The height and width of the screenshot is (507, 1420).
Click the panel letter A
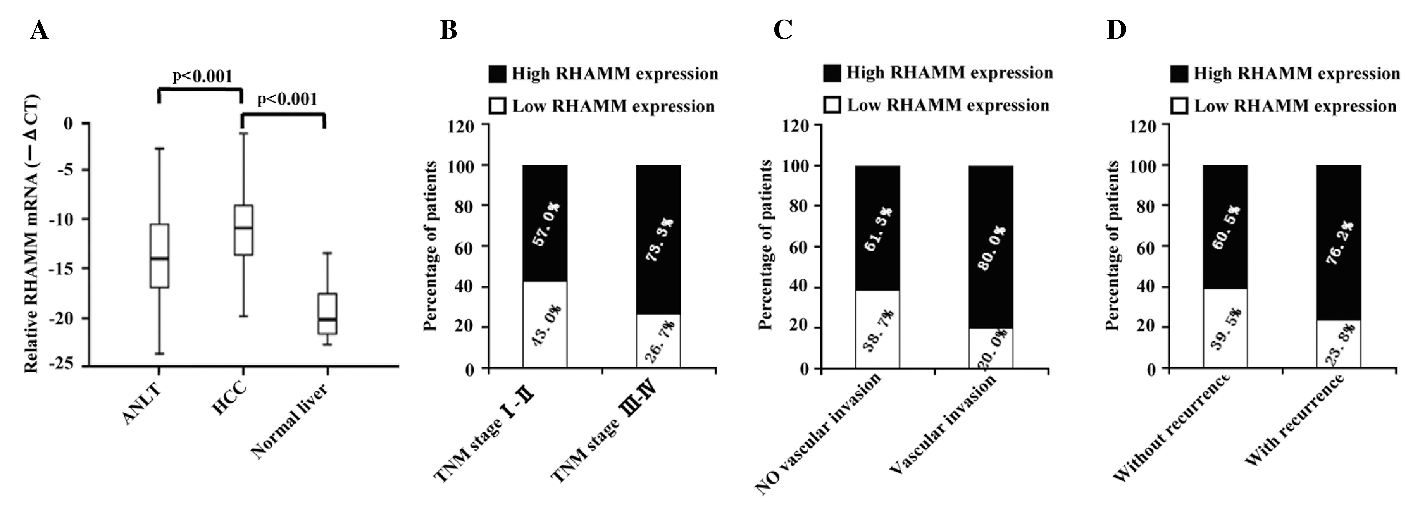pos(39,30)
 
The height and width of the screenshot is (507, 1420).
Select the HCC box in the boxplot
pos(243,230)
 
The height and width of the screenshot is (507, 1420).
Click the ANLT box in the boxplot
pos(159,256)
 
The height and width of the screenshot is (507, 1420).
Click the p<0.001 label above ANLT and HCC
pos(202,76)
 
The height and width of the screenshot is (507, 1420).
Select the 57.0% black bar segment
pos(545,223)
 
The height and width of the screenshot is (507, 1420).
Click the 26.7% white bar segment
pos(658,341)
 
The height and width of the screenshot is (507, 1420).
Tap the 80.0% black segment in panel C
pos(991,247)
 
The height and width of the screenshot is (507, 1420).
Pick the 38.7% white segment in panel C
pos(877,329)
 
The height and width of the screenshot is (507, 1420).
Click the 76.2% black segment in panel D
pos(1338,242)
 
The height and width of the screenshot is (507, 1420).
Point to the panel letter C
pos(783,30)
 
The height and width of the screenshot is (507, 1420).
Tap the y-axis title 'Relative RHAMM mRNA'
pos(32,234)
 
